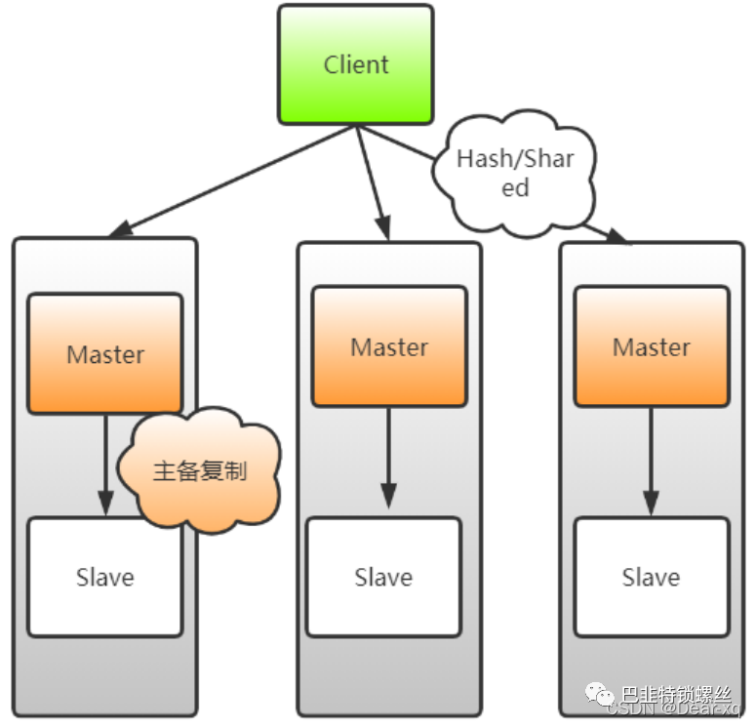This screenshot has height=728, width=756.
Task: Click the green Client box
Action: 355,64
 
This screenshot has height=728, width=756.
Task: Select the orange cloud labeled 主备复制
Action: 200,471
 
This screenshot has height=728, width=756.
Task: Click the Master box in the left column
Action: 105,353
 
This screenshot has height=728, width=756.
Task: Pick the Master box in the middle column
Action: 389,346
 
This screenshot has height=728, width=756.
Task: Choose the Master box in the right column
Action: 651,346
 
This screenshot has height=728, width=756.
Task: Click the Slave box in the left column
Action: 104,577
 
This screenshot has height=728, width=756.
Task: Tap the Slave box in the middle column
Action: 383,577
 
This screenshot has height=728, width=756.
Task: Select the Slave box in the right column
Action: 651,577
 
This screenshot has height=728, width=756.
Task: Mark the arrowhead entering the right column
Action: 617,236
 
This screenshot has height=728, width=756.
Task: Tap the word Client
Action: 356,64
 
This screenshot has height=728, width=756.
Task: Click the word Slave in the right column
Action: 651,577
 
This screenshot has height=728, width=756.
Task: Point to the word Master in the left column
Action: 105,354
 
